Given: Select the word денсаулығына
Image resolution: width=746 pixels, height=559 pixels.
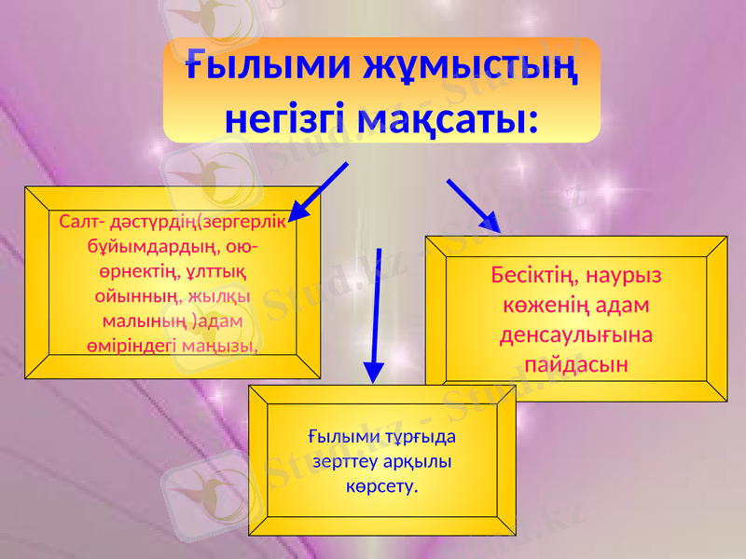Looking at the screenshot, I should coord(573,334).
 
